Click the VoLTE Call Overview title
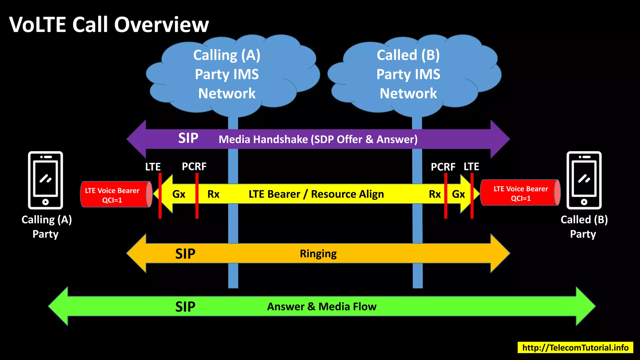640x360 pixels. click(x=109, y=25)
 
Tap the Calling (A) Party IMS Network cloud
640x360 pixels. click(x=227, y=74)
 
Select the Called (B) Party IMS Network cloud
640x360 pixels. click(x=408, y=74)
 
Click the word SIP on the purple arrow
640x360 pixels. click(x=188, y=138)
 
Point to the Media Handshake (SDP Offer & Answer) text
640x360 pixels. click(x=318, y=139)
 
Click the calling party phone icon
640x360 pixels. click(x=46, y=180)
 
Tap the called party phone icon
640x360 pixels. click(x=584, y=180)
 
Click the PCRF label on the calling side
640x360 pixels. click(x=194, y=167)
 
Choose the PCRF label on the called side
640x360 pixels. click(x=443, y=167)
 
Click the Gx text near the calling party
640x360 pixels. click(x=179, y=194)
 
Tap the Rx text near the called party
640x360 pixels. click(x=434, y=194)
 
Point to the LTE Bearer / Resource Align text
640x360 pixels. click(x=316, y=194)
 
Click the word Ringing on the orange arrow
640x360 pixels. click(x=318, y=254)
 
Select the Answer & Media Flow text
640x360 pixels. click(x=322, y=307)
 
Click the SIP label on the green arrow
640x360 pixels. click(x=185, y=307)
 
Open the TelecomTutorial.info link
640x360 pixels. click(x=575, y=347)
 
